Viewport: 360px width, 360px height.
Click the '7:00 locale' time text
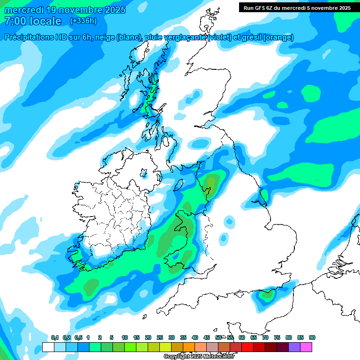33,21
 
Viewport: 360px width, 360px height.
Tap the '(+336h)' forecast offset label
83,21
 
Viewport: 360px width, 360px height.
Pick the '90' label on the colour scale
312,338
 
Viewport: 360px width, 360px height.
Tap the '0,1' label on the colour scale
55,338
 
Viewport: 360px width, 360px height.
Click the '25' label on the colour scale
160,338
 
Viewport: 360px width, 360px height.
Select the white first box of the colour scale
48,347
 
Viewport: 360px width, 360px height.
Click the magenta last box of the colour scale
306,347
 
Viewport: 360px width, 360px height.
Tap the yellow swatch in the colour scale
165,347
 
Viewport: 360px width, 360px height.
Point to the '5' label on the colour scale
112,338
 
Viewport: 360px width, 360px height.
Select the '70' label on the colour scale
265,338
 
